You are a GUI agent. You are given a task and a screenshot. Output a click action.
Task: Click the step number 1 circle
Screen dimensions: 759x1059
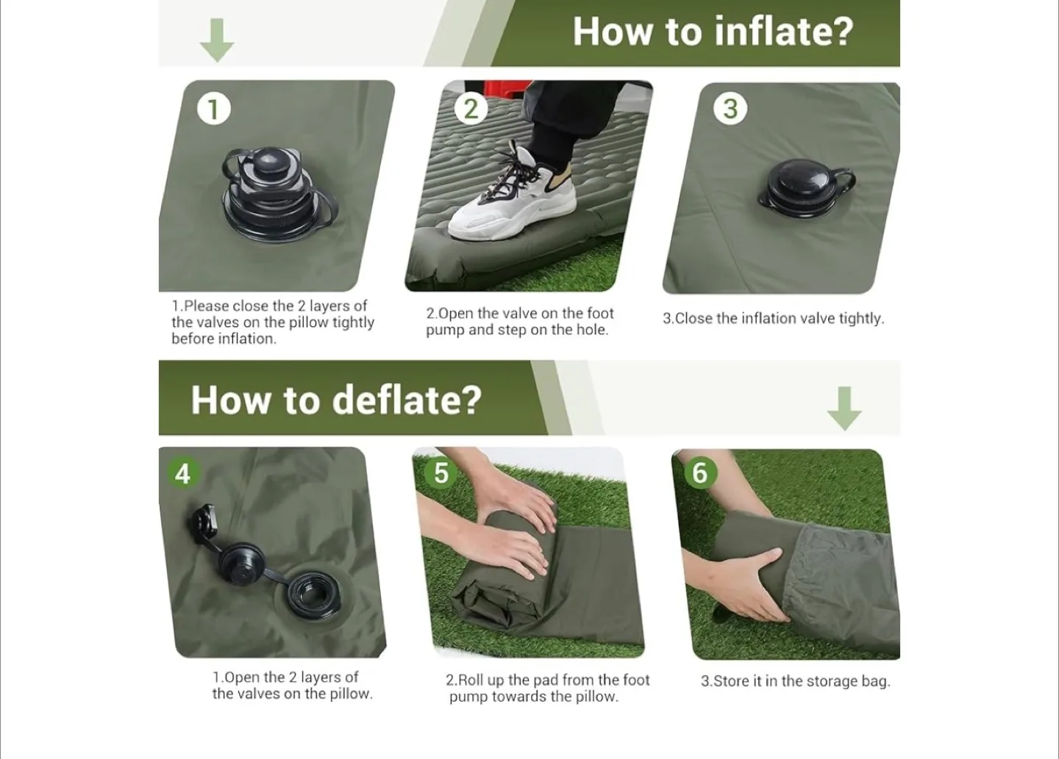coord(213,109)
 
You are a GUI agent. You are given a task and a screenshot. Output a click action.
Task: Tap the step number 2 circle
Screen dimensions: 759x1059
coord(471,109)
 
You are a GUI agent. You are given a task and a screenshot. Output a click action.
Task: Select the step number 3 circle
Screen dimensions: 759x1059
coord(730,109)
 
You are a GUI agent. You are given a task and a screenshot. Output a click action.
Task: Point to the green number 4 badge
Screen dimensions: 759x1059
coord(182,473)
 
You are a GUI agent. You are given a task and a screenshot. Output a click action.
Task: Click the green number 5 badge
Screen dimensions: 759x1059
coord(441,473)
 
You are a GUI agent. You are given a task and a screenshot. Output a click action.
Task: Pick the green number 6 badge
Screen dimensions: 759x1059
coord(699,473)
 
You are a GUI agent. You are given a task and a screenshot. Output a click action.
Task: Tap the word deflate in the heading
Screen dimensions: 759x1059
coord(407,400)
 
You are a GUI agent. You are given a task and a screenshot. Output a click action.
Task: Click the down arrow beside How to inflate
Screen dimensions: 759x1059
coord(217,40)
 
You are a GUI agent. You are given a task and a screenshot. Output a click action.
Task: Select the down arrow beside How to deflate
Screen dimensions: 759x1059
coord(844,408)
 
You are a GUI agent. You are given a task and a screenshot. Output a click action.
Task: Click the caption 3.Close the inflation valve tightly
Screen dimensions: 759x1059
coord(773,318)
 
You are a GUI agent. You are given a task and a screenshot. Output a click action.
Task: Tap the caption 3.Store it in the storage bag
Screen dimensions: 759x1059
coord(795,681)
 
